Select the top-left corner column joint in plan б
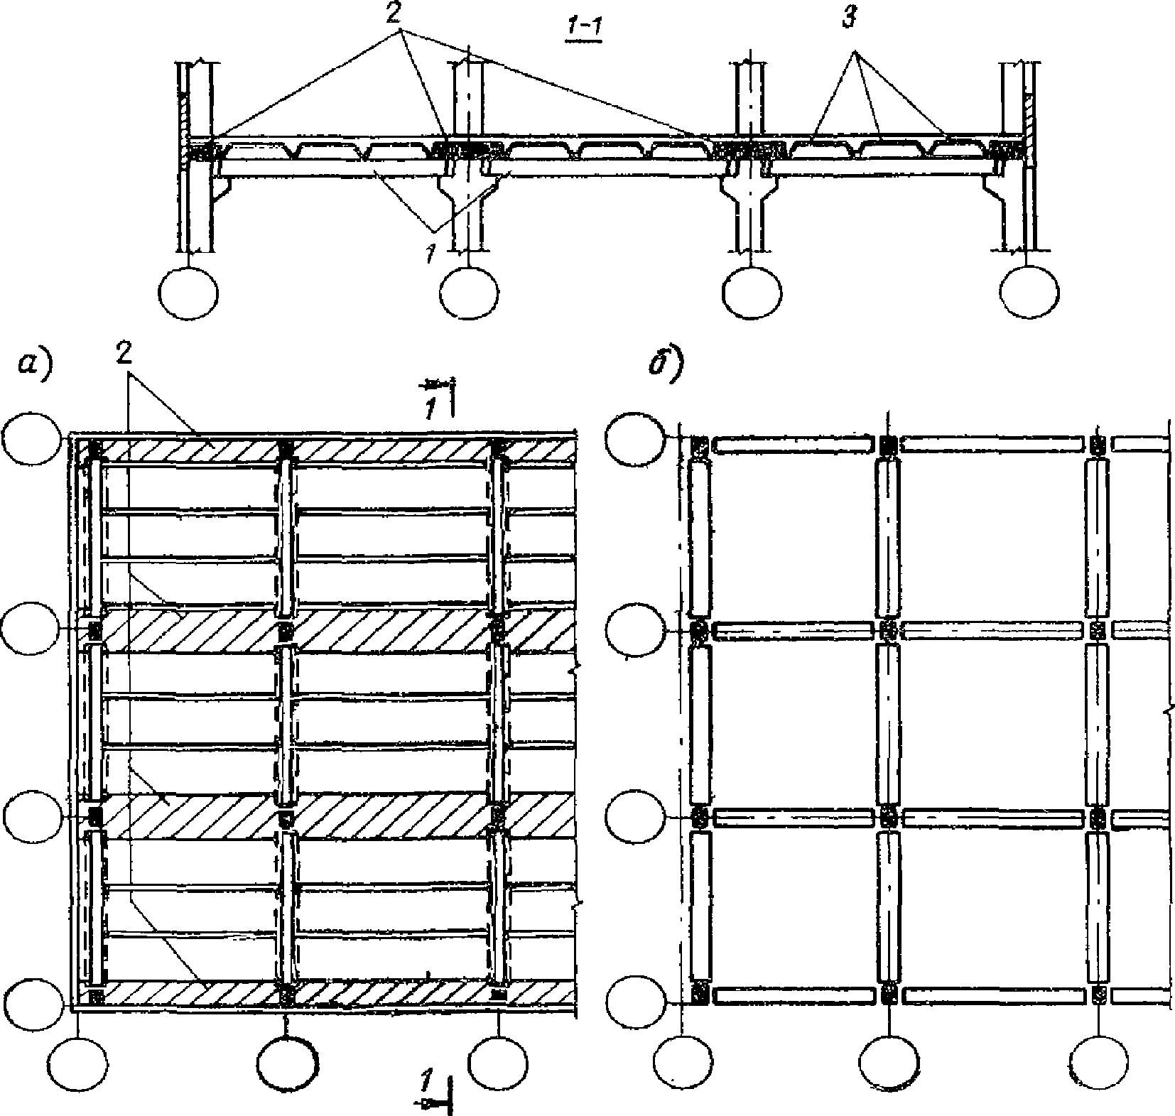coord(698,445)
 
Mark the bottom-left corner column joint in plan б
coord(698,995)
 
